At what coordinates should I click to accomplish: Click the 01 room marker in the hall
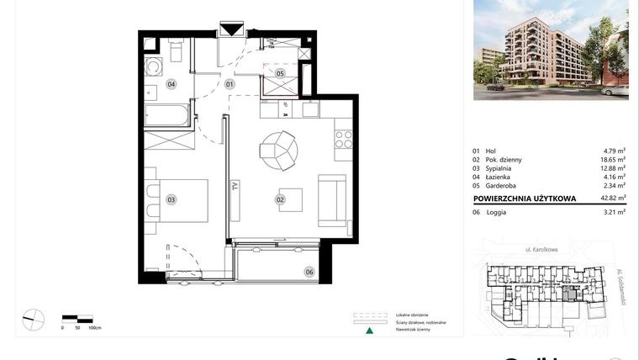[x=230, y=83]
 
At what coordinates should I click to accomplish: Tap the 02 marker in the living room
[x=279, y=199]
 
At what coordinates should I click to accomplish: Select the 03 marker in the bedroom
[x=171, y=199]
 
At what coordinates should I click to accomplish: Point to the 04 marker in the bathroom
[x=171, y=83]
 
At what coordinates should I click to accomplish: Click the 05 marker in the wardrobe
[x=280, y=73]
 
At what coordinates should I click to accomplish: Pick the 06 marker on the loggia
[x=309, y=271]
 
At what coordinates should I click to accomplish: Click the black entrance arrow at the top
[x=230, y=30]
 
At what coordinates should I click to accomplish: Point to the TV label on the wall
[x=235, y=189]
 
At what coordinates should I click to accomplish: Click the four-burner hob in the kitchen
[x=343, y=140]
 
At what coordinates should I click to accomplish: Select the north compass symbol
[x=33, y=319]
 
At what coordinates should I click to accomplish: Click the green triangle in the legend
[x=367, y=330]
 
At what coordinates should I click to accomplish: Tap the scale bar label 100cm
[x=95, y=327]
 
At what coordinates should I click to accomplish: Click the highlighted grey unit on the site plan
[x=571, y=293]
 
